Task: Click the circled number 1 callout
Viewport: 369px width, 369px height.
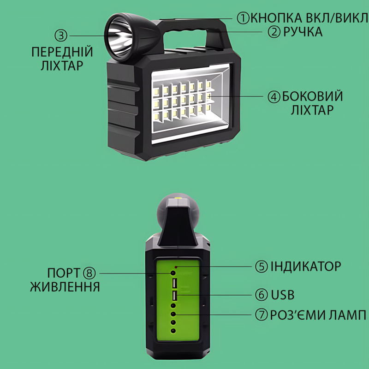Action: (x=243, y=18)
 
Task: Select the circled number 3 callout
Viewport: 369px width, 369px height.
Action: (x=61, y=36)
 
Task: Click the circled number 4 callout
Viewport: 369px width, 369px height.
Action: (x=274, y=96)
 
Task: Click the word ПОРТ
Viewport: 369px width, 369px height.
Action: (x=64, y=273)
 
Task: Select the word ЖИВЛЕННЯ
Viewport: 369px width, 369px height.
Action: (x=65, y=287)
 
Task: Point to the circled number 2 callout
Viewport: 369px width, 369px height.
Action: (x=274, y=32)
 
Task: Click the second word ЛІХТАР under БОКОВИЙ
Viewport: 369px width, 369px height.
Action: (x=306, y=111)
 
